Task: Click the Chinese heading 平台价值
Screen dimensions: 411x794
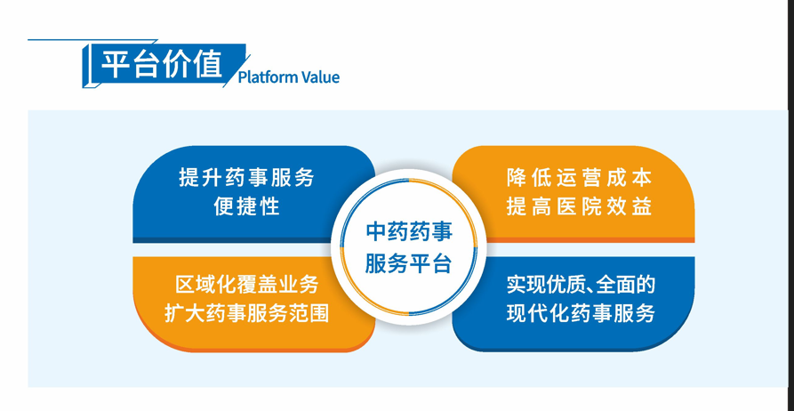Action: tap(161, 64)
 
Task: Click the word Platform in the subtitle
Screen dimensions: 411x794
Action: tap(268, 77)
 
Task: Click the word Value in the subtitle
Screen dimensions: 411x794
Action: tap(320, 77)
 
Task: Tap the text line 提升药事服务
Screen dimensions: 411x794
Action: tap(246, 177)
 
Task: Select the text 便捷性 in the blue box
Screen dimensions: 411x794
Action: tap(246, 206)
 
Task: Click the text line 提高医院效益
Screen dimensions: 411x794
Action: tap(579, 206)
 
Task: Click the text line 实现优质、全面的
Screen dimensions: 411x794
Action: tap(581, 285)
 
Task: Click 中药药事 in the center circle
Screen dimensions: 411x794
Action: tap(409, 232)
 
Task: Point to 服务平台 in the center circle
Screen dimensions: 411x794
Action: tap(409, 264)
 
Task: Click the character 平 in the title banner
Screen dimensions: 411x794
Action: tap(115, 64)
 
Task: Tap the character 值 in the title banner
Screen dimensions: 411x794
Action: tap(206, 64)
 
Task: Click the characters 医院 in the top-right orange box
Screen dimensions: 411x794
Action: tap(579, 206)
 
